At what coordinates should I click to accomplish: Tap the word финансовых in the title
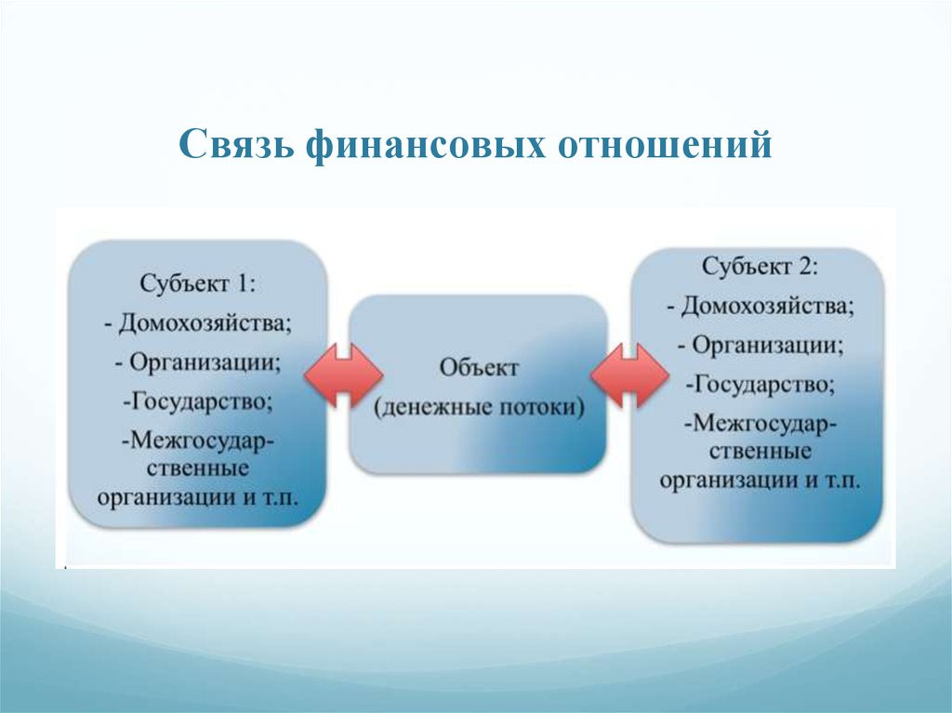pos(425,144)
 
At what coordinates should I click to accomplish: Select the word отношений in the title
pos(665,145)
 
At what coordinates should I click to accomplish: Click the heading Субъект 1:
pos(197,284)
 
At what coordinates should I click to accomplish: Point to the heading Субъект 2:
pos(760,266)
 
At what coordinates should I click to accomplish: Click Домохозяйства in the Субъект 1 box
pos(205,323)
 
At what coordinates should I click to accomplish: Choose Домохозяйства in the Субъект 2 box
pos(767,306)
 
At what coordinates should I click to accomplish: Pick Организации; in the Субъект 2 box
pos(767,346)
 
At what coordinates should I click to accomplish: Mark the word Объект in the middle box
pos(479,368)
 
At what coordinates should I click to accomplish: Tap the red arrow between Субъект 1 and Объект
pos(344,376)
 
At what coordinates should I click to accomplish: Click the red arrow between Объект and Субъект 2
pos(629,376)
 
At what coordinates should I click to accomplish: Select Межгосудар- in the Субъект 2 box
pos(760,423)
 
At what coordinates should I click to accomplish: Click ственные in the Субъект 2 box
pos(760,452)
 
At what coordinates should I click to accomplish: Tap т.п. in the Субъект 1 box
pos(281,498)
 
